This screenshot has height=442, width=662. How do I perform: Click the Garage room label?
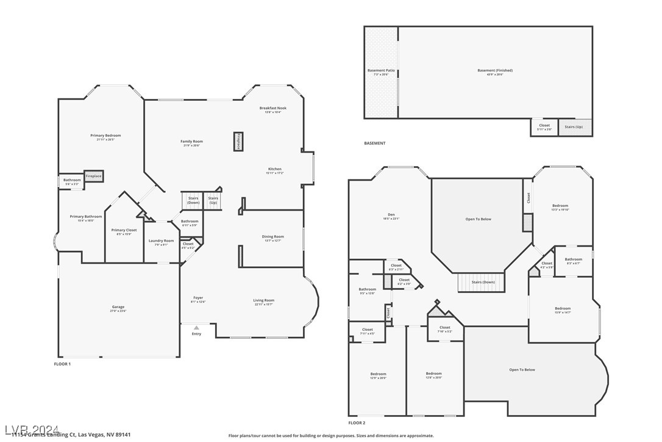tap(118, 308)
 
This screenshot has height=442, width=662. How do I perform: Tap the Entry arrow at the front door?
tap(196, 328)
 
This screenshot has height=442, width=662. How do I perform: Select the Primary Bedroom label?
tap(105, 136)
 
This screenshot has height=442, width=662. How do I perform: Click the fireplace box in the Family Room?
tap(238, 141)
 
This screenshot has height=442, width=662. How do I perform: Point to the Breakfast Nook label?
tap(272, 108)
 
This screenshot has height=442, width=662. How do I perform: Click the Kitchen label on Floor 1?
tap(274, 169)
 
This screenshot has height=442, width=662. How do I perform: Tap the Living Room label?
tap(264, 300)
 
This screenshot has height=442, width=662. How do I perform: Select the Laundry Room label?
tap(161, 241)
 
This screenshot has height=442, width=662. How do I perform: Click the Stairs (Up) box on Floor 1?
tap(213, 200)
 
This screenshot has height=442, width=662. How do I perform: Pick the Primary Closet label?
tap(124, 230)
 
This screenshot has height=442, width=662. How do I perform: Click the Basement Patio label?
tap(381, 71)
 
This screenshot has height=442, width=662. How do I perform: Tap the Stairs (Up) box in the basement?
tap(574, 127)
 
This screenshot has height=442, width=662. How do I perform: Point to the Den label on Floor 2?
tap(391, 215)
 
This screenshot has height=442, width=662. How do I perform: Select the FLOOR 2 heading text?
tap(357, 422)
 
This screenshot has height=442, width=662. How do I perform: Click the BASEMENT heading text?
tap(375, 143)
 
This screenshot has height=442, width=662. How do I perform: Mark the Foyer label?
tap(198, 298)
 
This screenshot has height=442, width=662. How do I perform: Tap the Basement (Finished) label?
tap(495, 71)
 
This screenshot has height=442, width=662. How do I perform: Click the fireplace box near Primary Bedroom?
tap(93, 176)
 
